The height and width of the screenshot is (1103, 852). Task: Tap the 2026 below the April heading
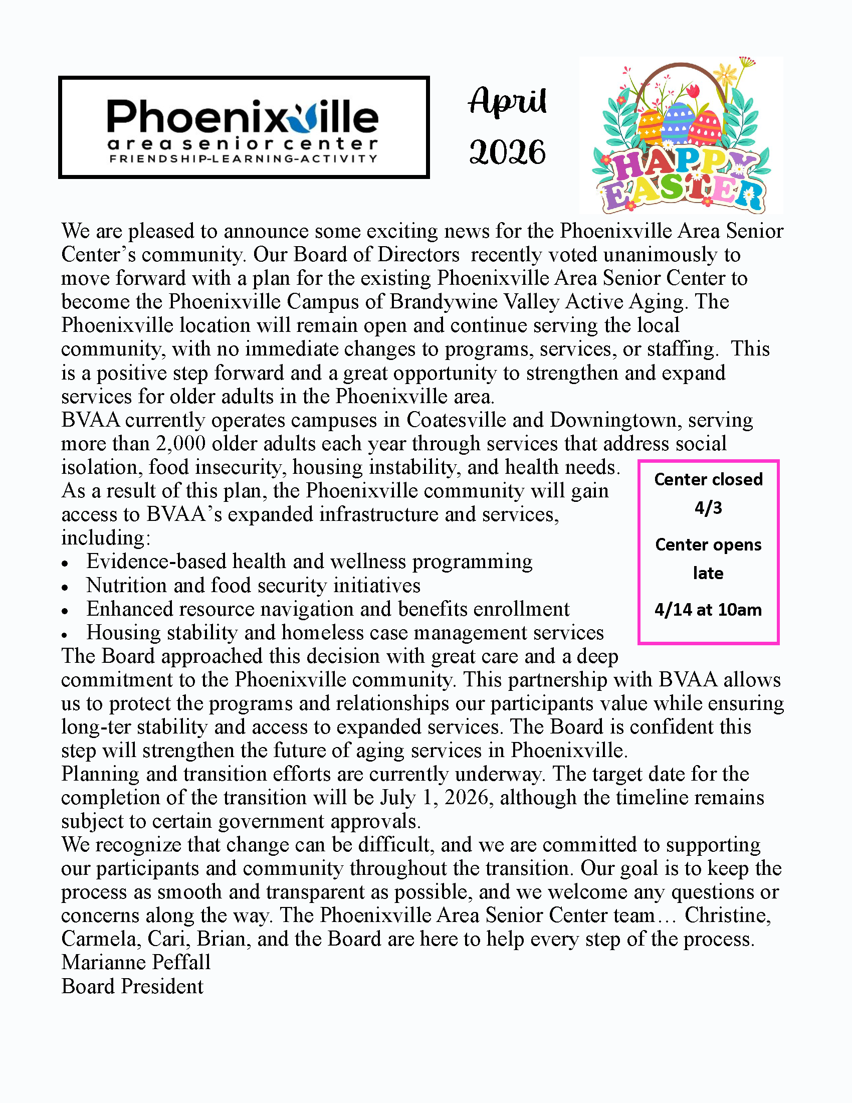coord(507,152)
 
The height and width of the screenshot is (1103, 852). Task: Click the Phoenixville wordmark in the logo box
coord(242,117)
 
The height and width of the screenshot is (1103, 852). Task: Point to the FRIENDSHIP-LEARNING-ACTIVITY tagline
coord(243,158)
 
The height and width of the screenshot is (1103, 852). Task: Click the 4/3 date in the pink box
coord(708,507)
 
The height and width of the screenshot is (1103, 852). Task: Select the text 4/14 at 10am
coord(708,610)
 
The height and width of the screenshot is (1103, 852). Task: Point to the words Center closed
coord(708,479)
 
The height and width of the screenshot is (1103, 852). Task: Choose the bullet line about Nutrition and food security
coord(253,585)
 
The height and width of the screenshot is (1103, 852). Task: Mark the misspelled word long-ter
coord(96,727)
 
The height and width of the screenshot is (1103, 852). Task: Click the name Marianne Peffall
coord(136,963)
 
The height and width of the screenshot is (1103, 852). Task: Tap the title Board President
coord(132,986)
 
